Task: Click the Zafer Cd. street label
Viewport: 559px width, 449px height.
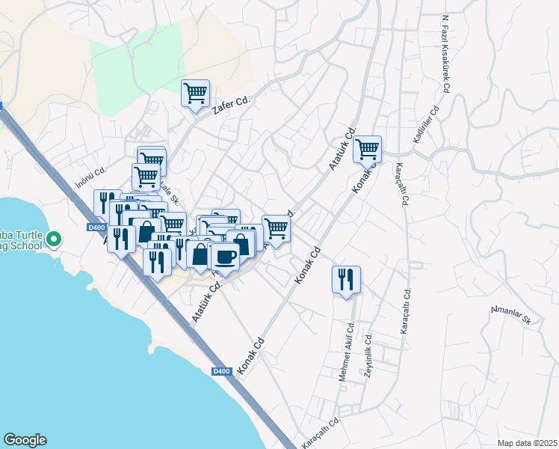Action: [230, 102]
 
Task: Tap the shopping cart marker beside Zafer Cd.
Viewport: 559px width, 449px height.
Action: [195, 94]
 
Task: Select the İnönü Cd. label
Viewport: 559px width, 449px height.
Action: [91, 177]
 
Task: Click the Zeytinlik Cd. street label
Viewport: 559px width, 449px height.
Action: [368, 355]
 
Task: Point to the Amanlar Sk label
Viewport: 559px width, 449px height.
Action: [510, 315]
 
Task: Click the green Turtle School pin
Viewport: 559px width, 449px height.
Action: [53, 239]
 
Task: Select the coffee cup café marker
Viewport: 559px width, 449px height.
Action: [225, 257]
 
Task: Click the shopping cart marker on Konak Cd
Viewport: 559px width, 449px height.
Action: [367, 150]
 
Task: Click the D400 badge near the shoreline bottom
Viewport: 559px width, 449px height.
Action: [220, 371]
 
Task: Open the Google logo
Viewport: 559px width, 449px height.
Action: [25, 440]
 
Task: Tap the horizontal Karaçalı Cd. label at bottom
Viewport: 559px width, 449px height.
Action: [322, 432]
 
